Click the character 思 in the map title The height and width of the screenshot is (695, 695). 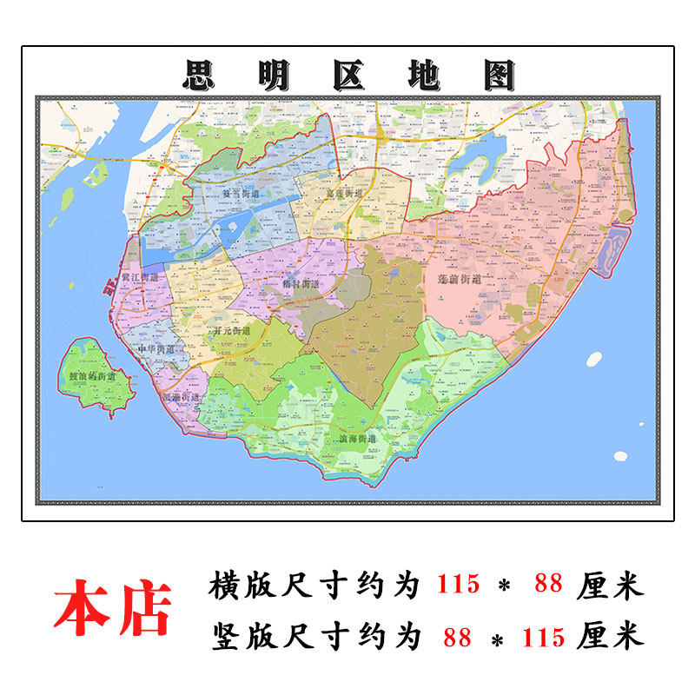click(x=202, y=75)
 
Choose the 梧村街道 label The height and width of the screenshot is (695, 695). click(x=301, y=282)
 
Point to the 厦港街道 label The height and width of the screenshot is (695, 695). click(x=182, y=396)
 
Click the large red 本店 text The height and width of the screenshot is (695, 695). click(x=113, y=606)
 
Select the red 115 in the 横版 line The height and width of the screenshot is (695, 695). click(x=458, y=584)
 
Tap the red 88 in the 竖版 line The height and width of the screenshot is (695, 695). click(x=458, y=637)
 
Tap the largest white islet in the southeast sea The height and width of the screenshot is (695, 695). click(x=620, y=455)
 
